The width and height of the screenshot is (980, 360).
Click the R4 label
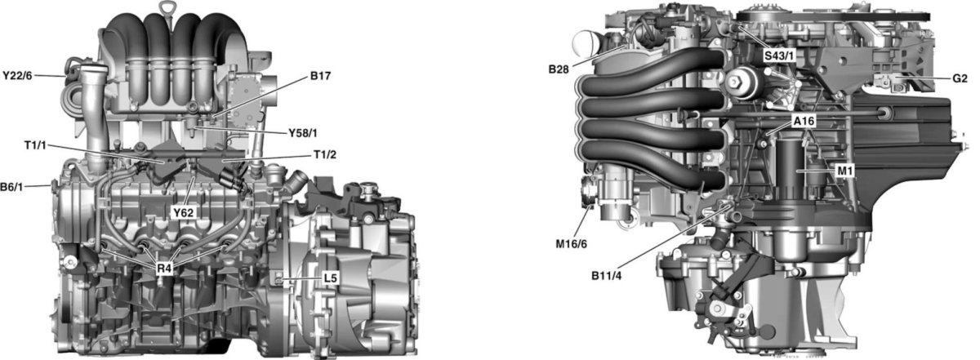(165, 267)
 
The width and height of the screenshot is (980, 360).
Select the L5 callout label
(330, 278)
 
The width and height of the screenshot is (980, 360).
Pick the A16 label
(804, 121)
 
